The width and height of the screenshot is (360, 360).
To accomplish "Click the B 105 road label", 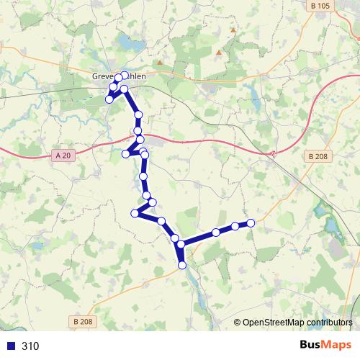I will tap(323, 6).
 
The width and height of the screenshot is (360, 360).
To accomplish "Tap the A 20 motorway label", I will tap(63, 154).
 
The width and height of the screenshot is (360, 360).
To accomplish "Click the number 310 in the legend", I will tap(30, 346).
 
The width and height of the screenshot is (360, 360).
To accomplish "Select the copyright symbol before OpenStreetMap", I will tap(237, 323).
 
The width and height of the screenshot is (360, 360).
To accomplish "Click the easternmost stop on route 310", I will tap(251, 223).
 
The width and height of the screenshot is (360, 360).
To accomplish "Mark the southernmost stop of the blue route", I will tap(182, 265).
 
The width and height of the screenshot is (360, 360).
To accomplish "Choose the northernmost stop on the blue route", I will tap(125, 75).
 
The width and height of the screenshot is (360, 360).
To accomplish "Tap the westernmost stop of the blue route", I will tap(109, 99).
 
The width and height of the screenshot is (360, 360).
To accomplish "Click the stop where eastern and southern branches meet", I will tap(181, 245).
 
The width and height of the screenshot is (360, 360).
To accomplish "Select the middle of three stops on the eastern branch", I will tap(235, 227).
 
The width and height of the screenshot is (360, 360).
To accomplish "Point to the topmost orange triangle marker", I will tap(233, 30).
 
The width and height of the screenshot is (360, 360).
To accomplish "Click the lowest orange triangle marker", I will tap(218, 53).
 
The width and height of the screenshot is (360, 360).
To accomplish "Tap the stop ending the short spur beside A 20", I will tap(126, 153).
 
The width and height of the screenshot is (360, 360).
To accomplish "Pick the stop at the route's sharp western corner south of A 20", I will tap(135, 212).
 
